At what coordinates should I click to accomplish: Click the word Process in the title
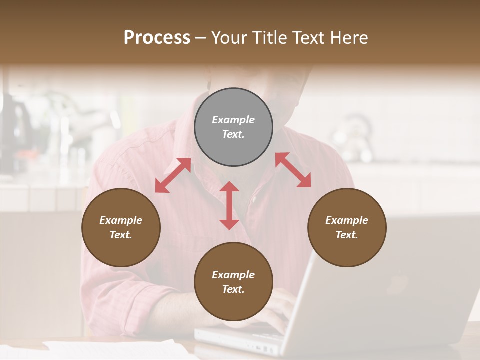157,38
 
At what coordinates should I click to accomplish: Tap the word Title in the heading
268,38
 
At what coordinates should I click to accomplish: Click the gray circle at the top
233,127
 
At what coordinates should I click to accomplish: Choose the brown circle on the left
121,227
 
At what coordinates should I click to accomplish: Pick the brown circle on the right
347,227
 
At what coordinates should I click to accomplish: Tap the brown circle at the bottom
233,282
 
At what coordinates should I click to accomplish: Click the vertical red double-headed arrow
229,206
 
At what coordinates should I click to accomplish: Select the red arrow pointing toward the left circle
173,175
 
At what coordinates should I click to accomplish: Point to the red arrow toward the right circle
293,170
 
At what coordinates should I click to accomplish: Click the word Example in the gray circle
233,120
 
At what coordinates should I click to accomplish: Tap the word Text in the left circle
121,235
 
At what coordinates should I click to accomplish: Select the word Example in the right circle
347,220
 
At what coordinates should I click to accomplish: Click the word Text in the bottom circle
233,289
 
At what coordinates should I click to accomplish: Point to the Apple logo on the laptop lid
398,283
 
